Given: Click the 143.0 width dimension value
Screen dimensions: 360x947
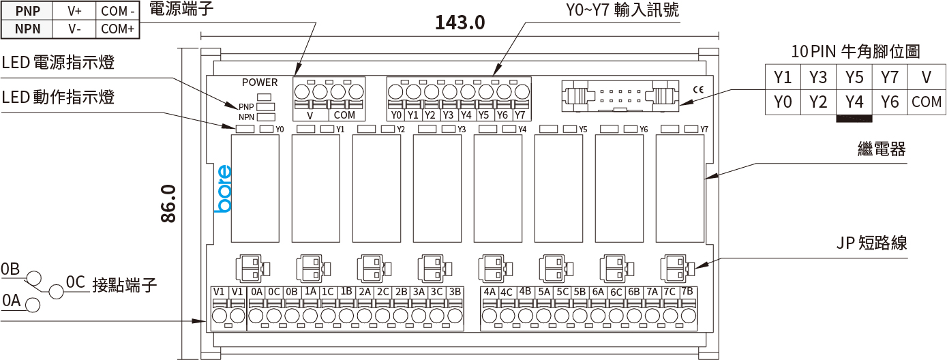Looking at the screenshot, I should (460, 22).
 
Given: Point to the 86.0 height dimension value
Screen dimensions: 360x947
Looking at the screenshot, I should (168, 203).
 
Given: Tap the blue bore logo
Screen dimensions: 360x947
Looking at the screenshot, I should (223, 189).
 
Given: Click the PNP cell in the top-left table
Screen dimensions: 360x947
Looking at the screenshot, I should (28, 11).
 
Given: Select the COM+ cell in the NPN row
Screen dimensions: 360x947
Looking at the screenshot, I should (117, 29).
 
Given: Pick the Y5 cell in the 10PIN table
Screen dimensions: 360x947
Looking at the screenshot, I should (854, 76).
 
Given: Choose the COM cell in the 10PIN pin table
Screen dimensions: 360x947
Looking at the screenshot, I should (926, 102).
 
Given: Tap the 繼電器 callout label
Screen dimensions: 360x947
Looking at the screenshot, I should (881, 149).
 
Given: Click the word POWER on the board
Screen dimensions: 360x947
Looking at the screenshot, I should (260, 82).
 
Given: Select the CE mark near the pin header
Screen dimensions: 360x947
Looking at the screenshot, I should (698, 89).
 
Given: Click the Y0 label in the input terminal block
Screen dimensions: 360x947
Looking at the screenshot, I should (396, 115).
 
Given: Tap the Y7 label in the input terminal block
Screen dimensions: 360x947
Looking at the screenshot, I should (520, 115).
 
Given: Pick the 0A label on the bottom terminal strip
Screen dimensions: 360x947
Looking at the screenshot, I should (256, 292).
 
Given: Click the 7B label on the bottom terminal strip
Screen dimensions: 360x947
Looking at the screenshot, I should (687, 291).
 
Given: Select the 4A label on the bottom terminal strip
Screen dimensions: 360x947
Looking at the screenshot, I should (489, 292).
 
